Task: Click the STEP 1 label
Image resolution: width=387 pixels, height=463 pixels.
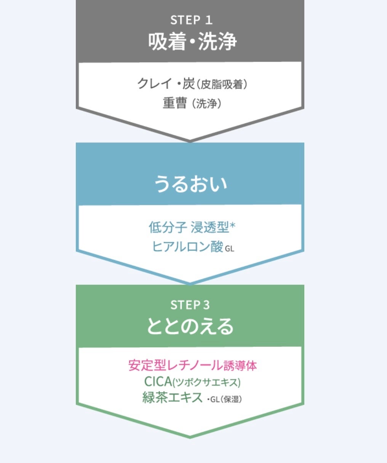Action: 191,20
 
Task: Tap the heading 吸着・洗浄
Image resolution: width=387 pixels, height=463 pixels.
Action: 192,42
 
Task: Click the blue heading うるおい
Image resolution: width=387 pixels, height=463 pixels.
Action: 190,184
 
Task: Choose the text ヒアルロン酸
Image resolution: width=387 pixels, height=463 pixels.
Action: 187,246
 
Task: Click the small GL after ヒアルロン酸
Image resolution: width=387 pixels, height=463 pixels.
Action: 230,249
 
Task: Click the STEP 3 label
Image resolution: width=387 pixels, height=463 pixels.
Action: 190,305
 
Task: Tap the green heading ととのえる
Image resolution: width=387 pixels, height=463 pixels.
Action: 190,326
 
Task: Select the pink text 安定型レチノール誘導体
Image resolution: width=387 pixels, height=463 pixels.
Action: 192,366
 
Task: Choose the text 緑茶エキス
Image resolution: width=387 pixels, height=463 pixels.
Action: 172,398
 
